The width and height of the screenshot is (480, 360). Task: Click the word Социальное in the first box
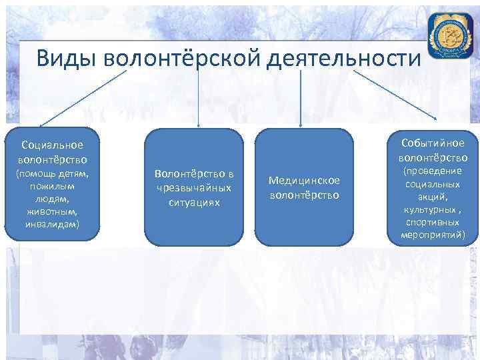point(52,145)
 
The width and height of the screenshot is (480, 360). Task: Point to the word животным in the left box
point(52,211)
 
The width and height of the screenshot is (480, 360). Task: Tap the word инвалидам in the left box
point(52,224)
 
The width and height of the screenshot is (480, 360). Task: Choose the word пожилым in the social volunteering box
point(52,186)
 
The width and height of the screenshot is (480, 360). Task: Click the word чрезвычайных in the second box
point(195,187)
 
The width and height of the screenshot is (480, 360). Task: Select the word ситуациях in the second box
point(195,201)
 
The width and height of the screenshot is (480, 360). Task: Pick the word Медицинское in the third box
point(304,181)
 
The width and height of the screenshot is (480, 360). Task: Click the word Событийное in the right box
point(433,144)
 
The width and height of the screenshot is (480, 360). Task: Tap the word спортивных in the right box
point(433,223)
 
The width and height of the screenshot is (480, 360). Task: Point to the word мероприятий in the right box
point(433,235)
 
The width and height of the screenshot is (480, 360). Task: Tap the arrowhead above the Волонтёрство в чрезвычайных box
point(199,123)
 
